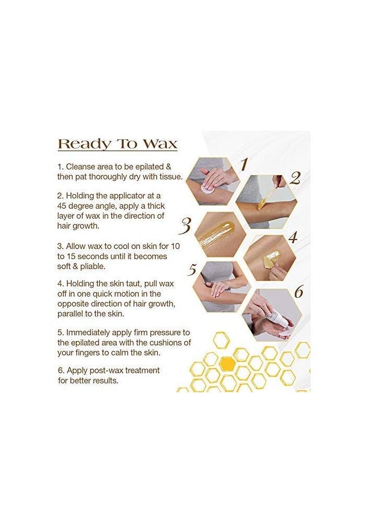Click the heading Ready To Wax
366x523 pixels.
(117, 144)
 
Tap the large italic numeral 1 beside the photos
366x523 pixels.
(243, 165)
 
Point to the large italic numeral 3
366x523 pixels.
(185, 226)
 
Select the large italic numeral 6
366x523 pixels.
(298, 292)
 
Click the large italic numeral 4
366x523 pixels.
(292, 237)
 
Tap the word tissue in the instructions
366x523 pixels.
(169, 176)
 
